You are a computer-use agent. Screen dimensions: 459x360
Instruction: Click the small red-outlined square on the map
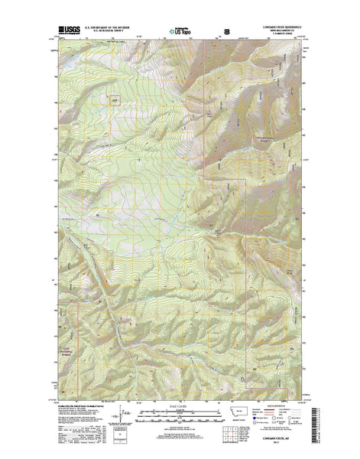pos(114,99)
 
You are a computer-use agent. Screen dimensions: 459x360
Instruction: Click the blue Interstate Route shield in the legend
pos(262,422)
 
